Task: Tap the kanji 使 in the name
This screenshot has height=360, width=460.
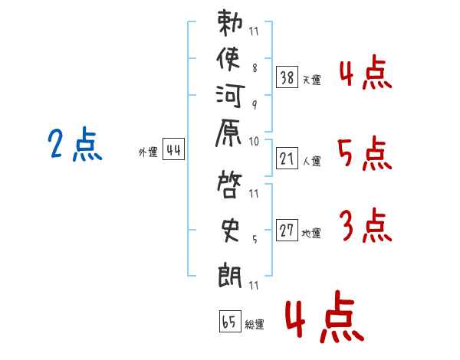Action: (x=230, y=58)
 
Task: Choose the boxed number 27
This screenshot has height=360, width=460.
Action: (x=287, y=231)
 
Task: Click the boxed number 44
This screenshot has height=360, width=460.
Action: (x=174, y=150)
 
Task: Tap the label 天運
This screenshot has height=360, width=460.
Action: (x=312, y=80)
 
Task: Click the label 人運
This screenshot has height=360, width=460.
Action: (x=312, y=161)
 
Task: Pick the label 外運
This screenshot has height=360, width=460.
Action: (x=148, y=153)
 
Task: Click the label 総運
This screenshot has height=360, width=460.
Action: (x=255, y=325)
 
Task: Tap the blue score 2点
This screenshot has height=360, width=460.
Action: (x=76, y=145)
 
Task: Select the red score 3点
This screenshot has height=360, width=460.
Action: (x=365, y=227)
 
